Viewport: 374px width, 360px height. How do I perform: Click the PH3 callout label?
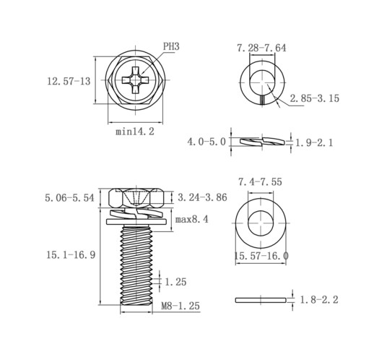tap(171, 46)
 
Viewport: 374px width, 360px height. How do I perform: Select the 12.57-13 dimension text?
tap(69, 81)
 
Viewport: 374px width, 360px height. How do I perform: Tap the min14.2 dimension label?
tap(135, 132)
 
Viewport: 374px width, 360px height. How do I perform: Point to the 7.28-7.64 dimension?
tap(261, 48)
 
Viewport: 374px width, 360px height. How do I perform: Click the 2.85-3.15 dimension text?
tap(314, 98)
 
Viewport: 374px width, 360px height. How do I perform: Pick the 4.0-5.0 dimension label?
tap(206, 142)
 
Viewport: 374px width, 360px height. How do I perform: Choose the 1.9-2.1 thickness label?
tap(314, 143)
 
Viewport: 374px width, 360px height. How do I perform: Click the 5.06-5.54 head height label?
tap(69, 198)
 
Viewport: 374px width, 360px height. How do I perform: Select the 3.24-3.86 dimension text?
tap(202, 197)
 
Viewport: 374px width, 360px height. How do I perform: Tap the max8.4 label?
tap(191, 220)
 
